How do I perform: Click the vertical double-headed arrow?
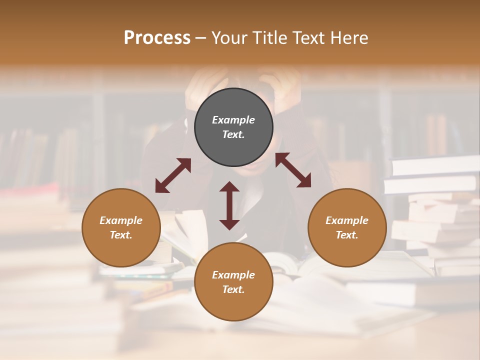tap(229, 205)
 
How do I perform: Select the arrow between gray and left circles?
tap(173, 175)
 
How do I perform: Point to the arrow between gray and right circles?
tap(293, 170)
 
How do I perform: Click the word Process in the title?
tap(157, 38)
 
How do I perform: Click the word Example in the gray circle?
tap(233, 120)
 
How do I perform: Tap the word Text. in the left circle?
tap(121, 235)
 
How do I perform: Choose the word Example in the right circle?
tap(347, 220)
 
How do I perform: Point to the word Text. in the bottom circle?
tap(233, 289)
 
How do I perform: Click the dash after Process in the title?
tap(201, 38)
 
